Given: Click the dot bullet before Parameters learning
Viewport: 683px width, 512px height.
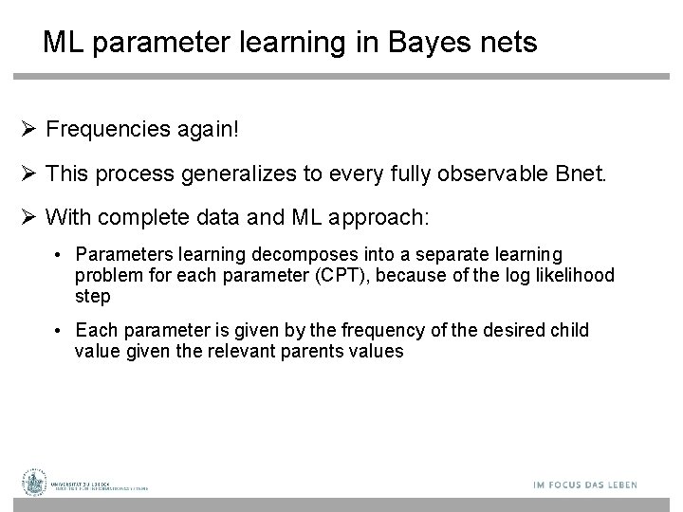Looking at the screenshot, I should pos(59,255).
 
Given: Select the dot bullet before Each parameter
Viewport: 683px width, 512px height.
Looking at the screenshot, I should pos(59,331).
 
